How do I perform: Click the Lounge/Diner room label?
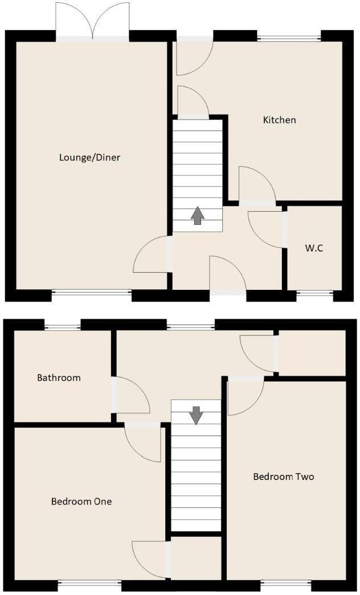89,157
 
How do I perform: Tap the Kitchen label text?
279,120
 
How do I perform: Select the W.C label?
314,248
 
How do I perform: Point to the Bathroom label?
59,377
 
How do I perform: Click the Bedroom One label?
81,502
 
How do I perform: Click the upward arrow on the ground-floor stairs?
197,216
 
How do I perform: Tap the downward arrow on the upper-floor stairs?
196,415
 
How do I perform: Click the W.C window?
314,294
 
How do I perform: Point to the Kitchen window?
289,39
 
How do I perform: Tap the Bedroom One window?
89,584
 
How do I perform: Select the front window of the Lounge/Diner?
91,294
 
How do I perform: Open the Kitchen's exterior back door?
194,56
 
